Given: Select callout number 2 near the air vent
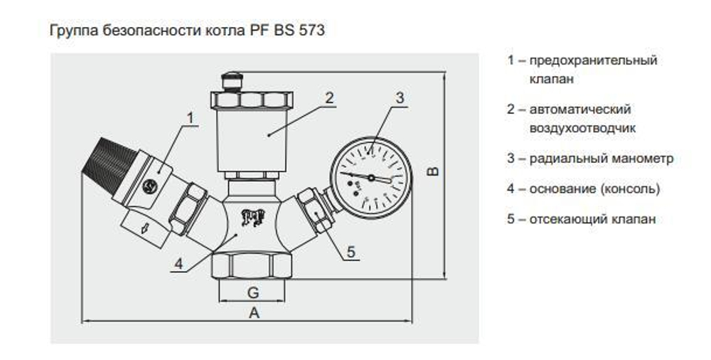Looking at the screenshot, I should [329, 98].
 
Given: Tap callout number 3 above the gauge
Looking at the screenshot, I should [400, 97].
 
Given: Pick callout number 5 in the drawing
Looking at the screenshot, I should [351, 251].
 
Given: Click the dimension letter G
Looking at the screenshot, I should [252, 292].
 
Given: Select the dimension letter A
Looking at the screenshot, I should [253, 313].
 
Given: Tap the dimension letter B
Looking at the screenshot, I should [435, 171].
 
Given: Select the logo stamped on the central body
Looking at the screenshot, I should [251, 216].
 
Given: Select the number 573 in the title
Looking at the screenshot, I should [314, 32].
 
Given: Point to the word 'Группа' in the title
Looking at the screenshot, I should [69, 32].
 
